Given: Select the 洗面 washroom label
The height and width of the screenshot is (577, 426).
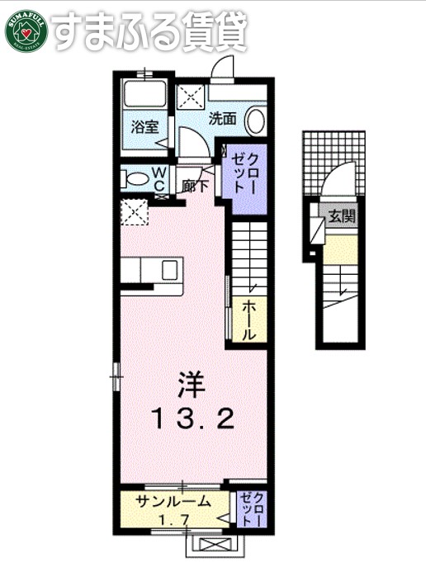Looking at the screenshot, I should point(221,118).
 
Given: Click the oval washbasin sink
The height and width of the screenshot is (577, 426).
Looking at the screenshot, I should point(255,121).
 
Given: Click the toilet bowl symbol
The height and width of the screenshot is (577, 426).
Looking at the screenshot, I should point(132,177).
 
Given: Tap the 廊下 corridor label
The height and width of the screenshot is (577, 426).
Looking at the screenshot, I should point(196,187).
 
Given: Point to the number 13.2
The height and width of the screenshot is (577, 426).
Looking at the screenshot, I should point(192,420).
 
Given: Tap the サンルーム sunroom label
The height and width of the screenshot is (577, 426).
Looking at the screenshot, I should point(172,502).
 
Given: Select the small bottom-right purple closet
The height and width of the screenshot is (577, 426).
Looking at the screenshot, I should point(252,509).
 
